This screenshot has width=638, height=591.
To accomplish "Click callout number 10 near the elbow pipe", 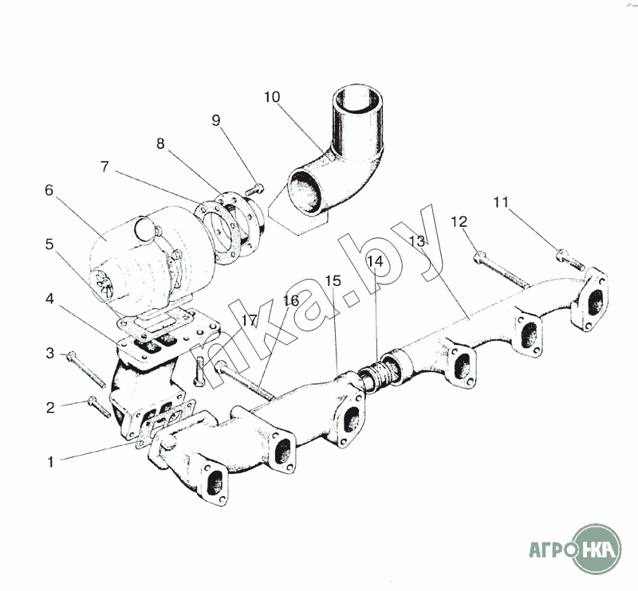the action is (x=272, y=97).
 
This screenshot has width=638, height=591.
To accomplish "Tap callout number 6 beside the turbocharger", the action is (x=49, y=190).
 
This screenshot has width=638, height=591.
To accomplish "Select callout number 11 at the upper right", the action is (x=501, y=202).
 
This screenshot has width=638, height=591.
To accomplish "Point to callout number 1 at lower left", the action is (x=50, y=462).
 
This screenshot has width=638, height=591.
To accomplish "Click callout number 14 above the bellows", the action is (x=375, y=261).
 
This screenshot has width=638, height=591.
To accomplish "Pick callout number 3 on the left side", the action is (x=49, y=353).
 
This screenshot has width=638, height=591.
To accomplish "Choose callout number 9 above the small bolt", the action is (x=216, y=120).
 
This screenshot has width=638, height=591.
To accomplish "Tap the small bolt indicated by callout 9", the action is (x=254, y=190).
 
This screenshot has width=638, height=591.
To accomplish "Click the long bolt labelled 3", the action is (x=86, y=369).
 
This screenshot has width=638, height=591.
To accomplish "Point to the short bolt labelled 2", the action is (x=99, y=406).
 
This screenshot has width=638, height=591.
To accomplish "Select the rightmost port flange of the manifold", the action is (x=589, y=299).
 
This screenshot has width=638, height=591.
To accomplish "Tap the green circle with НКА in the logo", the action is (x=597, y=550).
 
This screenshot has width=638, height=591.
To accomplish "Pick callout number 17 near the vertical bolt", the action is (x=249, y=321).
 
